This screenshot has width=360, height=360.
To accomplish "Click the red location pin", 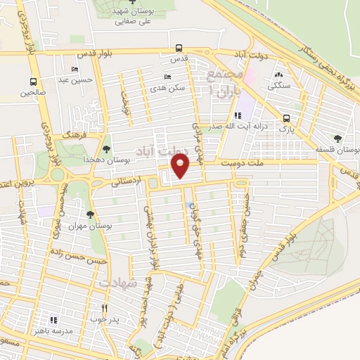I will (181, 166).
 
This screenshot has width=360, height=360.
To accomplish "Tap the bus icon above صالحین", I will (33, 82).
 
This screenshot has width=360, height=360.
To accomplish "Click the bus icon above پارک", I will (285, 119).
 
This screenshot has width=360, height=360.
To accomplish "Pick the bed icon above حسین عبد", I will (75, 70).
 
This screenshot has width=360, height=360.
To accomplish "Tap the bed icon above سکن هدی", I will (167, 77).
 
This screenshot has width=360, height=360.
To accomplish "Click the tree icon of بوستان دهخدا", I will (106, 148).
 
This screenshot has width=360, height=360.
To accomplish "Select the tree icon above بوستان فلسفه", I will (338, 138).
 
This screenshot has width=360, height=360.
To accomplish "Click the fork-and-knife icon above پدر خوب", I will (104, 307).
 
